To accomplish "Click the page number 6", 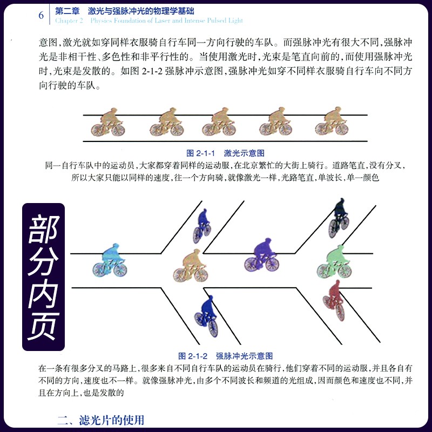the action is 41,15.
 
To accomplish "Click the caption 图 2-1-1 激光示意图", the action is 225,153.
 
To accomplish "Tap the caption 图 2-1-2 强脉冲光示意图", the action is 225,356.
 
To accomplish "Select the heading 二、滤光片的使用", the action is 101,420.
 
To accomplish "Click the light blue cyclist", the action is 110,260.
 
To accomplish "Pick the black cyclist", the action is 339,218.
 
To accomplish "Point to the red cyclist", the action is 334,300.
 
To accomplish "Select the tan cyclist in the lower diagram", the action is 191,265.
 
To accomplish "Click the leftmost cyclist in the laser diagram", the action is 108,123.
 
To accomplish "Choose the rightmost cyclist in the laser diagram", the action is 332,121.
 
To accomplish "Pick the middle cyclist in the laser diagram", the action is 219,122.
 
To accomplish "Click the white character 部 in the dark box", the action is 43,229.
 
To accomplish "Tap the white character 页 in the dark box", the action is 43,326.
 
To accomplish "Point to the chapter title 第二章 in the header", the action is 67,11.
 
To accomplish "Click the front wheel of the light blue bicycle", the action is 120,270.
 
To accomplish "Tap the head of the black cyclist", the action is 342,200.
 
